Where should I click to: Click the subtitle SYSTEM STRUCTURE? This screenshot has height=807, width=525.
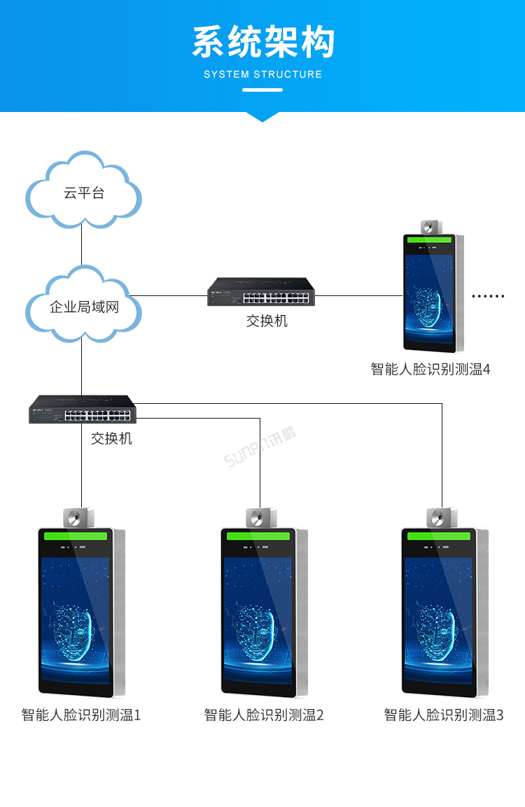(x=262, y=74)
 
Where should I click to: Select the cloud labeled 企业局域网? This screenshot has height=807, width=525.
(x=83, y=307)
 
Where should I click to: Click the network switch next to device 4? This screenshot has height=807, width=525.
(x=261, y=293)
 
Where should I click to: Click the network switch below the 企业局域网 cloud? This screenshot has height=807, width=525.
(x=83, y=409)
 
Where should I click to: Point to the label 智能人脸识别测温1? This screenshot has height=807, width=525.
(x=81, y=715)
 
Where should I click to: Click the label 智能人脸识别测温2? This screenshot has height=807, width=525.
(x=264, y=715)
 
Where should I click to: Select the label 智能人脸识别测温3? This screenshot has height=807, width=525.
(x=444, y=715)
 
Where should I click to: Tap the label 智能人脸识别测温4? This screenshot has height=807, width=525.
(x=430, y=369)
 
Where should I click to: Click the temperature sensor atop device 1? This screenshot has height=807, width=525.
(x=77, y=518)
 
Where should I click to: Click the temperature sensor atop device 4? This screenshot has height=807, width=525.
(x=430, y=227)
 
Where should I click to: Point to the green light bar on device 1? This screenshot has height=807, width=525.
(x=76, y=536)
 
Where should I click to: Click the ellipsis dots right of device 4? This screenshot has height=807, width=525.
(x=488, y=296)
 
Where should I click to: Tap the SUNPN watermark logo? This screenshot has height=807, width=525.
(x=260, y=447)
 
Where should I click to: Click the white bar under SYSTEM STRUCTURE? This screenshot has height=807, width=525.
(x=262, y=90)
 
